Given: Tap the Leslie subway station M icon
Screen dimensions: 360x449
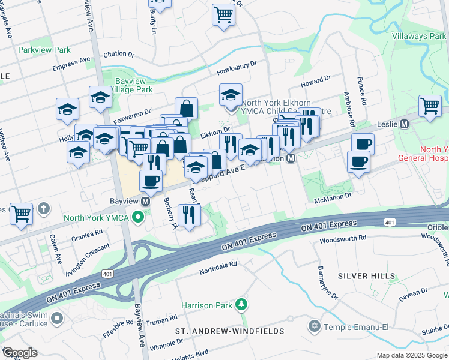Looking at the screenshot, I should (x=404, y=124).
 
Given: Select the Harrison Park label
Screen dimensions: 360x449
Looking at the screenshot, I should (x=206, y=305).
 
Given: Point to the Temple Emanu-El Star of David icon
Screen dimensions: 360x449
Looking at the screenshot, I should (x=313, y=326).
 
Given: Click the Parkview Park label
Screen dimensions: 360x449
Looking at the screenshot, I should (x=44, y=50).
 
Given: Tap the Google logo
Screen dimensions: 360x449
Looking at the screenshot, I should (x=20, y=353).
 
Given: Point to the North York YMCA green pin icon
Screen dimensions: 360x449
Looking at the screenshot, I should (x=139, y=217).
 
